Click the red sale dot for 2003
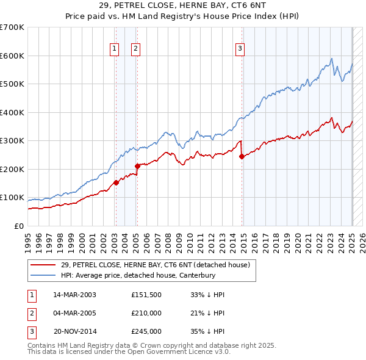(x=116, y=182)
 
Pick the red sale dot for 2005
(x=137, y=165)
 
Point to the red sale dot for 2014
(x=242, y=156)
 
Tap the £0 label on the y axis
(x=20, y=226)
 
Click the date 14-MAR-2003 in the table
(x=74, y=295)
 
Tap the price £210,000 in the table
(x=146, y=313)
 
